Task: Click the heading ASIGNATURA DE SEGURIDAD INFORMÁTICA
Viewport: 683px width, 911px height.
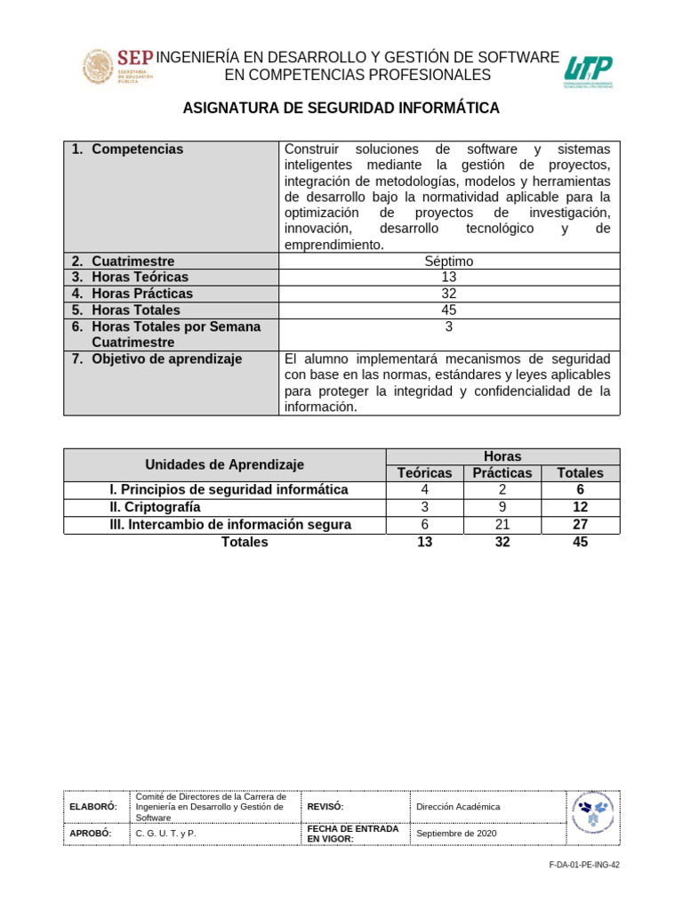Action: (341, 109)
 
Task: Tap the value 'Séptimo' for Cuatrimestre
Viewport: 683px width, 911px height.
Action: (449, 262)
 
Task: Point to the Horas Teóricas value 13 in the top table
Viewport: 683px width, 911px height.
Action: (449, 278)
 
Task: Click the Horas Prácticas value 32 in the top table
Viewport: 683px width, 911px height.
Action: (449, 294)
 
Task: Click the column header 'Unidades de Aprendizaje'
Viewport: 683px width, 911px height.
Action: (224, 464)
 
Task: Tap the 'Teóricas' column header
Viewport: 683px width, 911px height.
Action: (424, 473)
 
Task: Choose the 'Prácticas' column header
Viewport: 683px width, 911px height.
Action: (502, 473)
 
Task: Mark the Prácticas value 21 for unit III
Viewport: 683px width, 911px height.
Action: (502, 525)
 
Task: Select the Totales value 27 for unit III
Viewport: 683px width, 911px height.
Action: (580, 525)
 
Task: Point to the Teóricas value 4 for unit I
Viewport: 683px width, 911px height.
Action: (424, 490)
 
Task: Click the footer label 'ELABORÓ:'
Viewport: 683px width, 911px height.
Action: (93, 807)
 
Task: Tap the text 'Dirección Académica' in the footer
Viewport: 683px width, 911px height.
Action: (458, 807)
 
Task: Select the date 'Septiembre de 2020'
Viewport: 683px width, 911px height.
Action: (456, 834)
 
